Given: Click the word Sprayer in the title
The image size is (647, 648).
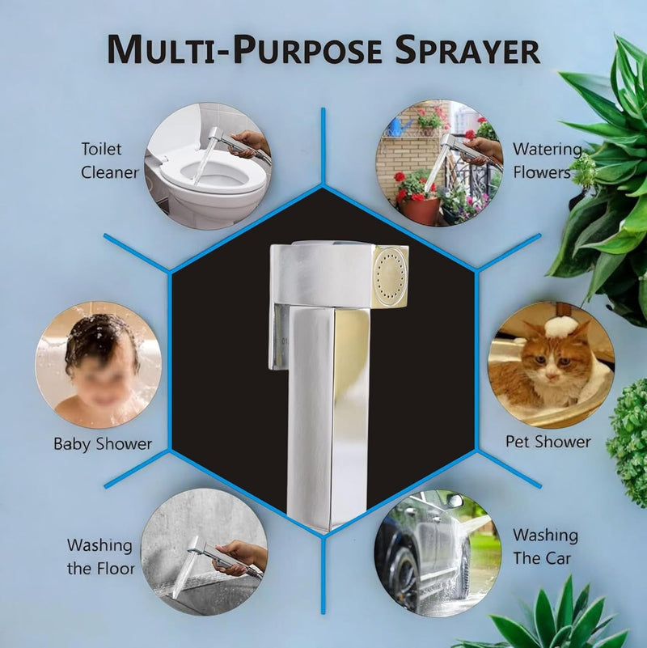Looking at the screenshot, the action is point(467,49).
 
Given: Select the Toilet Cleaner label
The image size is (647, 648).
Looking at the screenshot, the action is point(109,161).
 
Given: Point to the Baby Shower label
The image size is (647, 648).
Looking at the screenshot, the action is point(103,444).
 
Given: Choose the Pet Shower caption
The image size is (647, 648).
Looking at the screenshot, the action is point(548,442).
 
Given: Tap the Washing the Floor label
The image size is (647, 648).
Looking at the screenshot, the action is point(101,557).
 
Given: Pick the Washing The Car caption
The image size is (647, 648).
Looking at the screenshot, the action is point(545,546).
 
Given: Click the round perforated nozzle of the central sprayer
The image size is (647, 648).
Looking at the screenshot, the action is point(390,276).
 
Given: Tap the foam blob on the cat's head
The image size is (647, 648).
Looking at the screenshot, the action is point(559,328).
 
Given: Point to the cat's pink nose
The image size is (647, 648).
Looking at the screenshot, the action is point(550,376).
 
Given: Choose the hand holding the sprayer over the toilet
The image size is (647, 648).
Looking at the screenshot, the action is point(249,144).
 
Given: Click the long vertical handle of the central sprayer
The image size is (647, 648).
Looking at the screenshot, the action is point(328,417).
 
